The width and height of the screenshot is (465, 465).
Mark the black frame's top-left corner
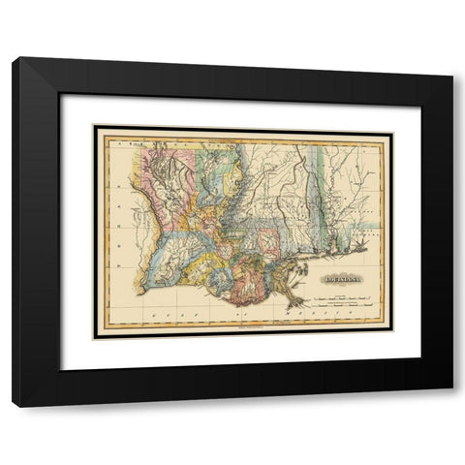14,59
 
